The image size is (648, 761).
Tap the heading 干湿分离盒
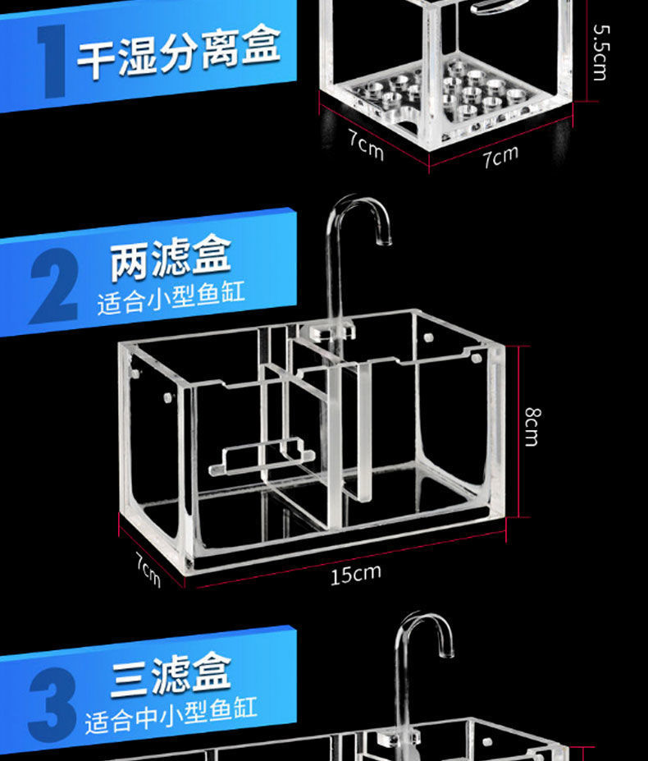point(179,54)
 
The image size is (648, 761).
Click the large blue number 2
point(54,287)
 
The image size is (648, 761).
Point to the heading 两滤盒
point(171,257)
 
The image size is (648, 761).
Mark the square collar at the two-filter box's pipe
point(333,331)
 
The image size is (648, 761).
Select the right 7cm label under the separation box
point(500,154)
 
